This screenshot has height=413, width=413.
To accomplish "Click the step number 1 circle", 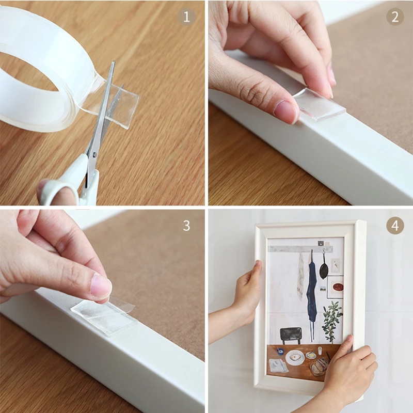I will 186,17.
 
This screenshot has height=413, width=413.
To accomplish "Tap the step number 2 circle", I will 395,17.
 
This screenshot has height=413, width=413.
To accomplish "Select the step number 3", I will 186,226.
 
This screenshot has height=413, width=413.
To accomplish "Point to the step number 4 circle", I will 395,226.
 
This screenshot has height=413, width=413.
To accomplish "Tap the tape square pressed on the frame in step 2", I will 320,103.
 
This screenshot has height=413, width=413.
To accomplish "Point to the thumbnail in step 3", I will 101,285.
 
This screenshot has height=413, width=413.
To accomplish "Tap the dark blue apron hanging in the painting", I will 311,294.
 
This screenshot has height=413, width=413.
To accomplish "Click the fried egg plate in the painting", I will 295,357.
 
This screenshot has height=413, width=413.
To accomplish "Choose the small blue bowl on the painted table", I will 279,351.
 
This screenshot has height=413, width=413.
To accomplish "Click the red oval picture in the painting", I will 337,286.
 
